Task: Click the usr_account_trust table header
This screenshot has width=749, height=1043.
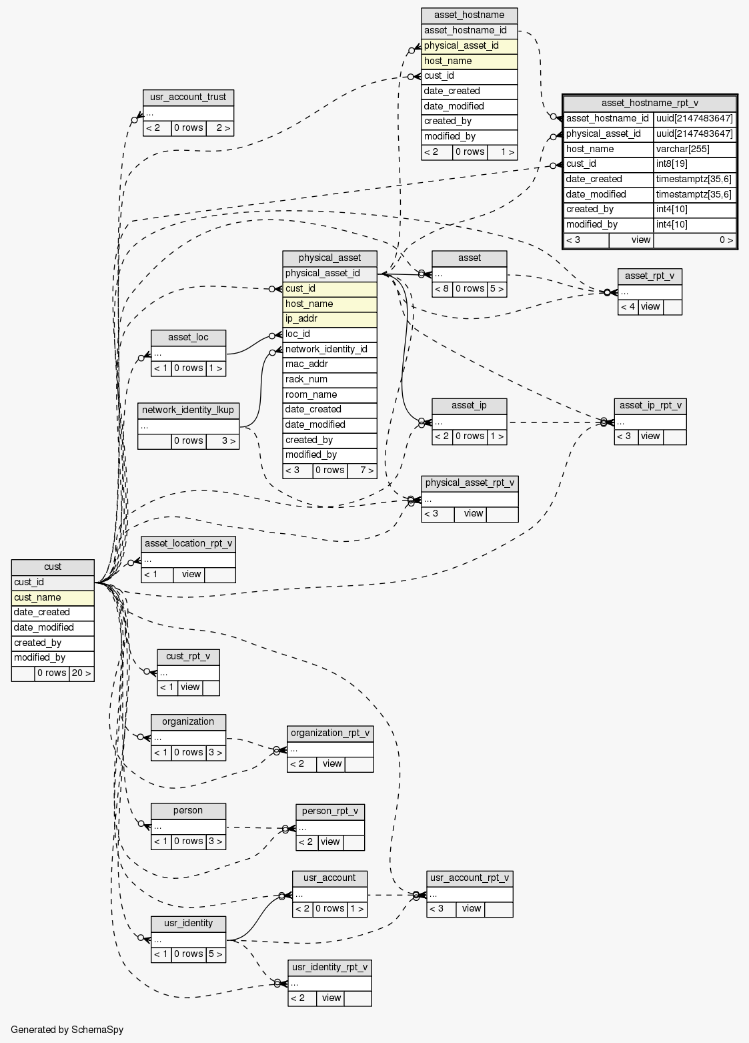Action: coord(188,97)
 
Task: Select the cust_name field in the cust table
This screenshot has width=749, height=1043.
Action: coord(53,597)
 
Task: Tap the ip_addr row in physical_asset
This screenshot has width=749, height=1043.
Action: coord(329,319)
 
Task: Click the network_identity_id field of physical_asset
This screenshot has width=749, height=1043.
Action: coord(329,349)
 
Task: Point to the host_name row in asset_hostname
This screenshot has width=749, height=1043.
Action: coord(470,61)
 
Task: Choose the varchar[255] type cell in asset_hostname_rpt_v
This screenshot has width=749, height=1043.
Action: coord(694,149)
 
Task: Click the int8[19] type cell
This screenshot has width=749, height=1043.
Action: coord(694,164)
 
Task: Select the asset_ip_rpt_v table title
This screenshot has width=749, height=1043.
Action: coord(650,406)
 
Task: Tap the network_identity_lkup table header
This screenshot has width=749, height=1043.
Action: coord(188,410)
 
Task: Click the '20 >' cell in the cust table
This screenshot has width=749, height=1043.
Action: coord(81,673)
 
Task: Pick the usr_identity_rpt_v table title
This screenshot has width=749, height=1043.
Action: coord(329,968)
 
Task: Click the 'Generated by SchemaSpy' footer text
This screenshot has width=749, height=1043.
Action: coord(67,1030)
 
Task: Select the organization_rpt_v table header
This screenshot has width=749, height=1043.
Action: coord(329,733)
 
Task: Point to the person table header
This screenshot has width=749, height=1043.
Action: coord(188,811)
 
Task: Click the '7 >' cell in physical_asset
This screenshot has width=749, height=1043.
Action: coord(362,470)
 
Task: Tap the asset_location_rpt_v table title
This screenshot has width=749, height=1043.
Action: coord(188,543)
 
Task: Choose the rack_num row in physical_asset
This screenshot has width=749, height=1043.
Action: coord(329,379)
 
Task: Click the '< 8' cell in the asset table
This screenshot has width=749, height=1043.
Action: coord(442,289)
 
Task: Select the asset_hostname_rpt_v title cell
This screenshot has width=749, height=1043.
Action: coord(650,103)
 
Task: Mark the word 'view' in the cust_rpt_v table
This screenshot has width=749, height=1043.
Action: coord(190,687)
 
